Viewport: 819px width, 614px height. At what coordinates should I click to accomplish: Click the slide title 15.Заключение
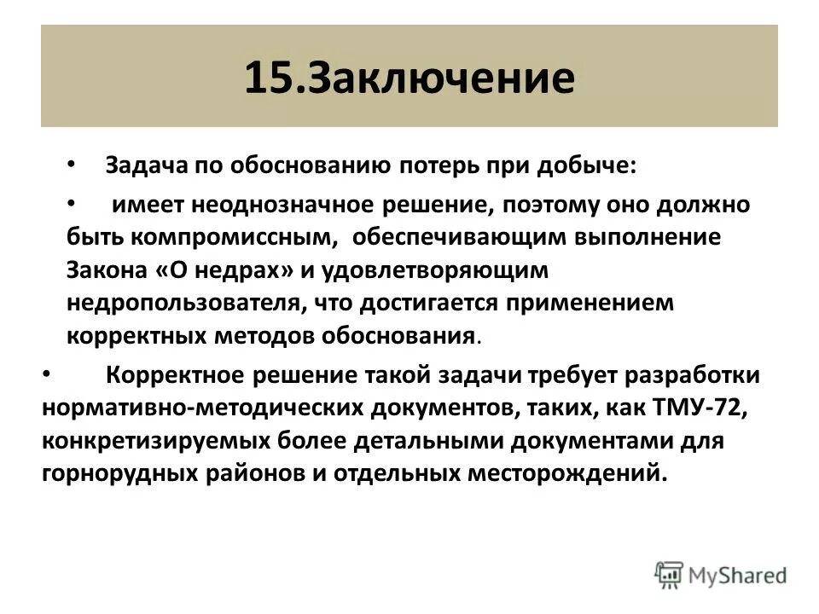(x=409, y=78)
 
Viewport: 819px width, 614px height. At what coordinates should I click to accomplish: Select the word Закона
(x=102, y=270)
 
